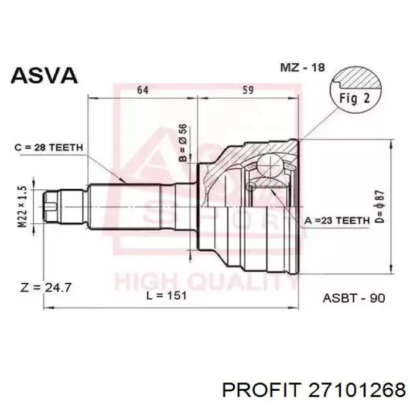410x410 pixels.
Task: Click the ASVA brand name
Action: [44, 76]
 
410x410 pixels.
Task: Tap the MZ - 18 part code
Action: [303, 67]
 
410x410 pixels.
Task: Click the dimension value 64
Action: [143, 90]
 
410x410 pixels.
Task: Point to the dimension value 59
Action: [248, 90]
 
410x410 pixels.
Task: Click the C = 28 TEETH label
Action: [49, 148]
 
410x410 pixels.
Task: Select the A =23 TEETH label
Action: [337, 221]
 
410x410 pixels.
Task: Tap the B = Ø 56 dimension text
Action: [183, 142]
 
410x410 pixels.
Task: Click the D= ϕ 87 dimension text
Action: [380, 207]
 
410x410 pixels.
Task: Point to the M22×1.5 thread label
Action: [22, 207]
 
